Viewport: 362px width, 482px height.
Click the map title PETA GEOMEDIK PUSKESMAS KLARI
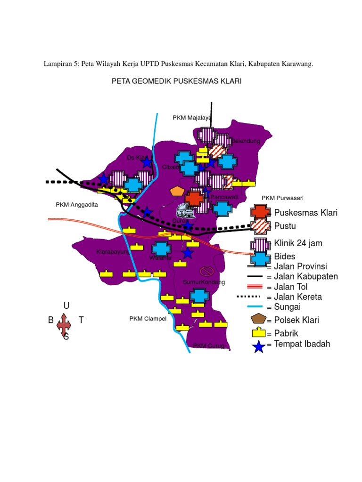click(176, 81)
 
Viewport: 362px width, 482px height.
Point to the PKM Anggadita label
click(76, 204)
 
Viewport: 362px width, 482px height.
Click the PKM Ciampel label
click(148, 319)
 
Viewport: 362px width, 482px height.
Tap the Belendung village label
click(246, 141)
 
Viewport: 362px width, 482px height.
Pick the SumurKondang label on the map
click(204, 282)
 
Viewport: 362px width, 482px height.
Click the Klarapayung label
click(113, 252)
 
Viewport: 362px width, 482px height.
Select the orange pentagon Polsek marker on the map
click(177, 191)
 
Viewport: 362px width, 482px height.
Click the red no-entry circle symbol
click(206, 271)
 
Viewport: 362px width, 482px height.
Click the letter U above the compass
click(66, 306)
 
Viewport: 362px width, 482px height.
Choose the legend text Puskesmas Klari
click(305, 213)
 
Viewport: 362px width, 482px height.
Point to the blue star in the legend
click(258, 347)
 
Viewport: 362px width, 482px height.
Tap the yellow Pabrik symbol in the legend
click(258, 333)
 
